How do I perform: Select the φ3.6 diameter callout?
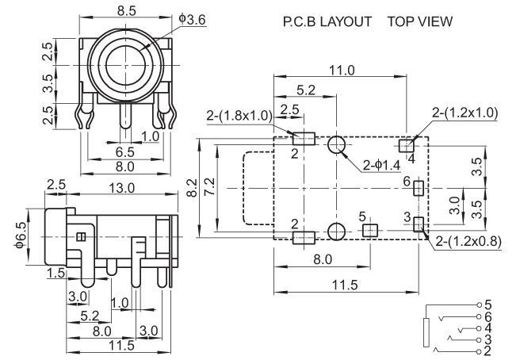tap(193, 18)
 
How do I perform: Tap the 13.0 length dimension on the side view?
tap(121, 187)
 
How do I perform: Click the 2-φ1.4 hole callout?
tap(380, 165)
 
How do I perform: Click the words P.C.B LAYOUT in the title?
tap(327, 22)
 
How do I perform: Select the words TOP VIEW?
tap(419, 22)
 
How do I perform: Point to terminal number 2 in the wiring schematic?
tap(488, 350)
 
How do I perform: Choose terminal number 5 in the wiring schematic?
tap(488, 304)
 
